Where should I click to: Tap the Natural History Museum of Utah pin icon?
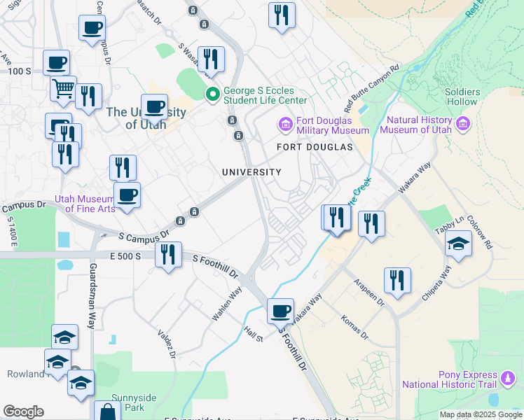462,125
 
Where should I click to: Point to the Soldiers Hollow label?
462,97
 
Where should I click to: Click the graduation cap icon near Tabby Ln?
458,243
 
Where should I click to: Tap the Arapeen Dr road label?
368,292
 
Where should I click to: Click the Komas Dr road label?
354,328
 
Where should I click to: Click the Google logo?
23,412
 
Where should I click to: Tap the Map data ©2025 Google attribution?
480,414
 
